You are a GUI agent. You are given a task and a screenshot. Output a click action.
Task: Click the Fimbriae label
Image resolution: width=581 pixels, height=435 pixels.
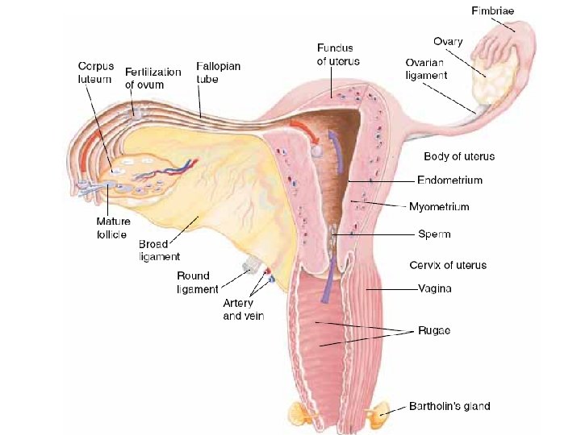coord(492,11)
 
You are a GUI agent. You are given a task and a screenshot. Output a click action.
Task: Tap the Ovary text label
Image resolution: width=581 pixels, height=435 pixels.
coord(448,41)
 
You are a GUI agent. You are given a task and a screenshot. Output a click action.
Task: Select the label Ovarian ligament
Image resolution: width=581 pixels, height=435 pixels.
coord(426,68)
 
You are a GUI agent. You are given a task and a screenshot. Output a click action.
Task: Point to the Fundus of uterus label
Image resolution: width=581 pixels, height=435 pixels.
coord(337,55)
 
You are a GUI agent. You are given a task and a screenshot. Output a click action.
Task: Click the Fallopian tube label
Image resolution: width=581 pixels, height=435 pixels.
coord(218,71)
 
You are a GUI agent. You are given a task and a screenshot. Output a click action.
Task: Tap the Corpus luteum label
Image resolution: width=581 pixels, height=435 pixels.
coord(94,71)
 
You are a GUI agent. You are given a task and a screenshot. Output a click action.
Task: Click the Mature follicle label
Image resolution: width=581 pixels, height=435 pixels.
coord(113,228)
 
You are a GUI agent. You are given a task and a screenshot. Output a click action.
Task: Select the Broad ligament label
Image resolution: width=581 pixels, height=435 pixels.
coord(159,250)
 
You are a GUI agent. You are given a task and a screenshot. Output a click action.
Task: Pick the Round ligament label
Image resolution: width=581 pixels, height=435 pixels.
coord(198,283)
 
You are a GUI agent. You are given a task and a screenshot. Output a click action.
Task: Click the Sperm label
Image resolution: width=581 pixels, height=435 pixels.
coord(434,234)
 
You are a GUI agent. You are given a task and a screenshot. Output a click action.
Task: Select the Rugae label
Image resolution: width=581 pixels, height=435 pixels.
coord(434,330)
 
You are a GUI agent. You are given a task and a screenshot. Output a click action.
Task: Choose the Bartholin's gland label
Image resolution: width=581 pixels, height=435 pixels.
coord(449,406)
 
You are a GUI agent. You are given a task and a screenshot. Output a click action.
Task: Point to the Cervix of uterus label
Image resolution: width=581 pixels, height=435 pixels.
coord(448,264)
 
